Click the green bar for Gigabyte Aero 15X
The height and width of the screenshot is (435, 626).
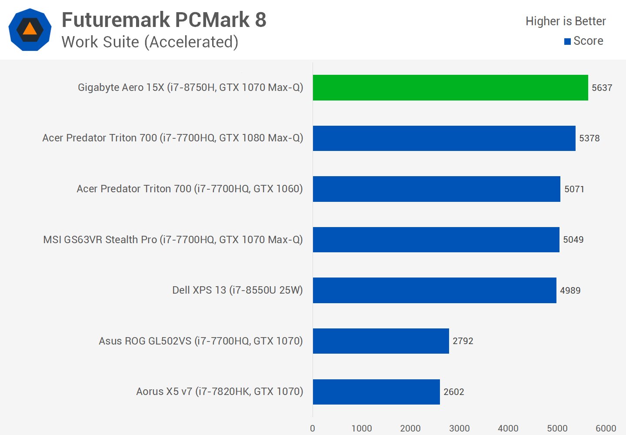point(450,87)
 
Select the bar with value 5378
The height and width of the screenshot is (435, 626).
point(444,138)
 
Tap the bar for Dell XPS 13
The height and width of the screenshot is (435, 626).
point(434,290)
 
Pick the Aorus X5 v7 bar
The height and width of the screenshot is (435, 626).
point(376,391)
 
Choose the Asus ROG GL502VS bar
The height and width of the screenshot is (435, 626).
point(381,341)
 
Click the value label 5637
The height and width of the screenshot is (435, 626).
point(602,88)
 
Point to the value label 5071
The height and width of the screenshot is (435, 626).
point(574,189)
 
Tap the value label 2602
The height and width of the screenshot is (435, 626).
point(453,392)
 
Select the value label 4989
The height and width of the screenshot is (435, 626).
point(570,291)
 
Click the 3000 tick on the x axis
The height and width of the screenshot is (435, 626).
point(459,428)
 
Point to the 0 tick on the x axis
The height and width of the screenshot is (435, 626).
point(313,428)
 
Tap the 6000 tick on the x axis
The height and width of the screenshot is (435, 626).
point(606,428)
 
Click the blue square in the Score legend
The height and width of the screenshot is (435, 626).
point(567,42)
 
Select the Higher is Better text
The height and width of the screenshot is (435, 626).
point(565,21)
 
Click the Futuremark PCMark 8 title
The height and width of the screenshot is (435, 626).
point(164,20)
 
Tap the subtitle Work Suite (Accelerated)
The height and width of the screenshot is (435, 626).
point(150,42)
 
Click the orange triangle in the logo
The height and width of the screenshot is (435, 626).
point(30,29)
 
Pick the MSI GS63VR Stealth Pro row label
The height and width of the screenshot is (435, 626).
point(173,240)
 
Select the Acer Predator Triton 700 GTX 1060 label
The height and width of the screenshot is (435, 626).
point(190,189)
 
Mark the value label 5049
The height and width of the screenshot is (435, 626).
point(573,240)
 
